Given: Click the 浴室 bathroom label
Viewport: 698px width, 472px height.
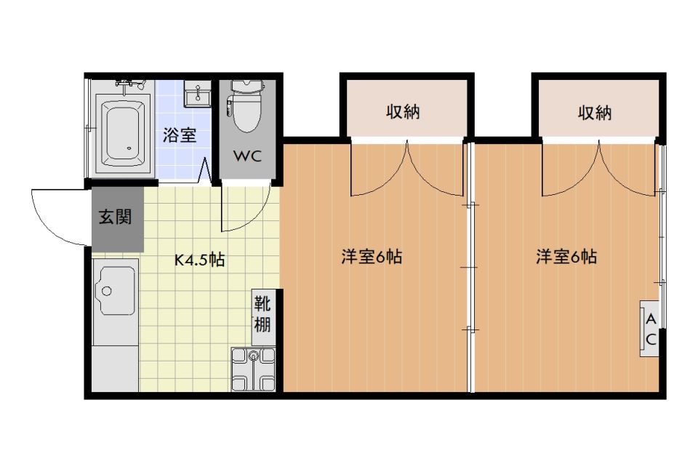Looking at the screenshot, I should pyautogui.click(x=179, y=135).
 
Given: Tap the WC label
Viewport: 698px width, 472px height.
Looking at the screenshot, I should pyautogui.click(x=244, y=156).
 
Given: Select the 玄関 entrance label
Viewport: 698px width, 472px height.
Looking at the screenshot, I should pyautogui.click(x=116, y=217).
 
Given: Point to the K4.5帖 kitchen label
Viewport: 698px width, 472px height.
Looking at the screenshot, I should pyautogui.click(x=198, y=260).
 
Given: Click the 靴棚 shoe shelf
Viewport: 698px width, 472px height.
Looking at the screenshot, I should pyautogui.click(x=262, y=312).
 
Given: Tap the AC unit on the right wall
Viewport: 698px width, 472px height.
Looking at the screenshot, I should pyautogui.click(x=650, y=329).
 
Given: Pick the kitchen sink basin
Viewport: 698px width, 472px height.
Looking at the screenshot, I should pyautogui.click(x=116, y=291).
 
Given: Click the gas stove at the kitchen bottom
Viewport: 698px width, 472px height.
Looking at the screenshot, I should pyautogui.click(x=253, y=370).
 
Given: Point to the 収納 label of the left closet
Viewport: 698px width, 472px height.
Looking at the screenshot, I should pyautogui.click(x=403, y=113).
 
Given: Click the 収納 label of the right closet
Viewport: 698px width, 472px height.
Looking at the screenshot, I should pyautogui.click(x=595, y=113).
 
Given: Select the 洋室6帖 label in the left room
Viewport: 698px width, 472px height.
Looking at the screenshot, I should pyautogui.click(x=372, y=257).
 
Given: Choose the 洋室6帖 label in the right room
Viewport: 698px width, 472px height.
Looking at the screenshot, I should pyautogui.click(x=566, y=257).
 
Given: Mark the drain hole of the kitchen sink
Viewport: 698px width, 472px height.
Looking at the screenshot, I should pyautogui.click(x=106, y=291).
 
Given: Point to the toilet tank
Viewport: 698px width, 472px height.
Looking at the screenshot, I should pyautogui.click(x=245, y=86).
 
